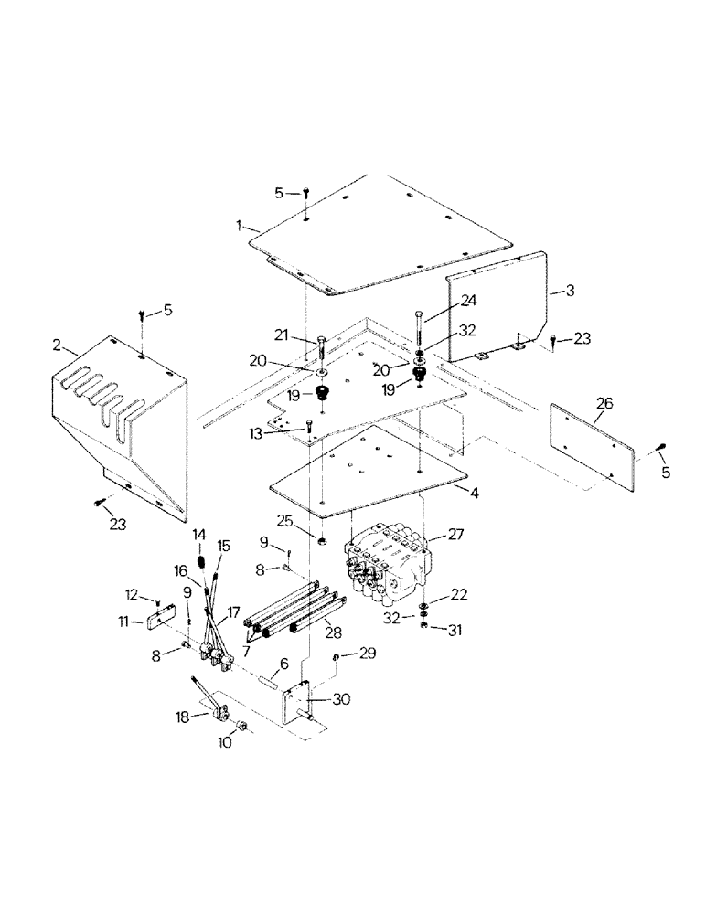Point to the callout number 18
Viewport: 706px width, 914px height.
[x=185, y=717]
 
